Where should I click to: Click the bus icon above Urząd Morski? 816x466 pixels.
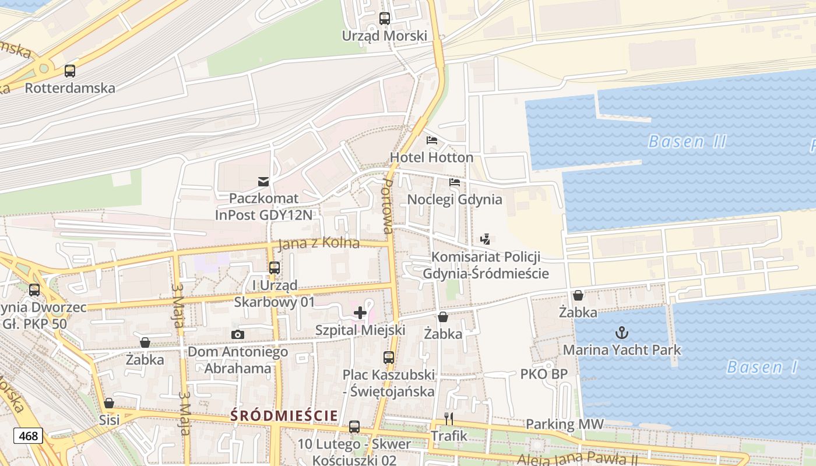(385, 19)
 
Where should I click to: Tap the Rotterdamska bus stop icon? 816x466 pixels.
(70, 71)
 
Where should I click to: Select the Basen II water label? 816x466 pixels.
(687, 142)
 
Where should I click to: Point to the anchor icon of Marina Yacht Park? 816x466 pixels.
(622, 333)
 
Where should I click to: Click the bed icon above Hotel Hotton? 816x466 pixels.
(432, 140)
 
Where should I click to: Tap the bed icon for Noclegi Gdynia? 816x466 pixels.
(455, 182)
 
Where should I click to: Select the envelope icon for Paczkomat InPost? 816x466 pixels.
(264, 182)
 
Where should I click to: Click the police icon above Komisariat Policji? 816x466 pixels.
(485, 239)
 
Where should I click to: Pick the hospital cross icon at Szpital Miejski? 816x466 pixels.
(360, 313)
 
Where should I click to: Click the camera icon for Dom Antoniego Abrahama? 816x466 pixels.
(237, 334)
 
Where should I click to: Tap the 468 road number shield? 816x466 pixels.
(29, 436)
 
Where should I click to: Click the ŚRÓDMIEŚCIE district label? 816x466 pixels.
(284, 415)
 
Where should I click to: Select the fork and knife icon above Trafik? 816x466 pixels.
(449, 419)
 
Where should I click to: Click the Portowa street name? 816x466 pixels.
(387, 206)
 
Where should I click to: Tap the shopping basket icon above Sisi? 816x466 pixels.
(109, 403)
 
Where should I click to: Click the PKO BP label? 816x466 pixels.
(543, 374)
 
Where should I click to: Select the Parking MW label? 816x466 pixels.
(565, 425)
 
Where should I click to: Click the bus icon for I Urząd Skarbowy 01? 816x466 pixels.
(274, 269)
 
